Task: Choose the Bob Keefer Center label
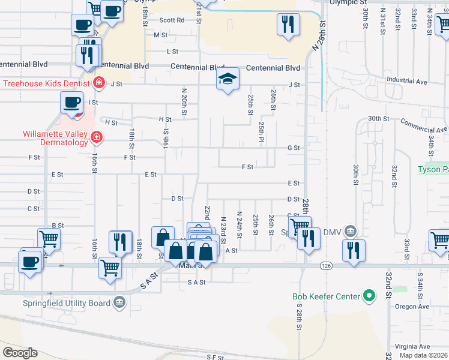point(326,296)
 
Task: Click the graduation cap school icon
point(228,79)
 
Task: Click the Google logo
point(20,352)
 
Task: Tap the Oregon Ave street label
point(412,307)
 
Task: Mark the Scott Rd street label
point(172,20)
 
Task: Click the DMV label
point(331,232)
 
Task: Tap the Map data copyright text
point(423,355)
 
